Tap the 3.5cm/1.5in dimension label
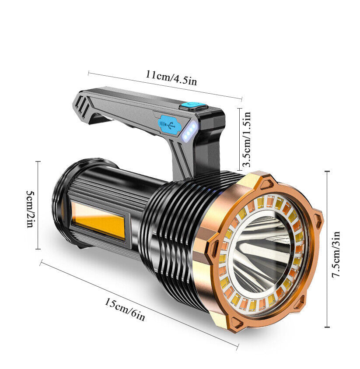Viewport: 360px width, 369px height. pyautogui.click(x=247, y=139)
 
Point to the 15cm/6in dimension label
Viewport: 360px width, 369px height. pyautogui.click(x=124, y=309)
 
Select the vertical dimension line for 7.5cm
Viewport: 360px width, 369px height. pyautogui.click(x=327, y=250)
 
